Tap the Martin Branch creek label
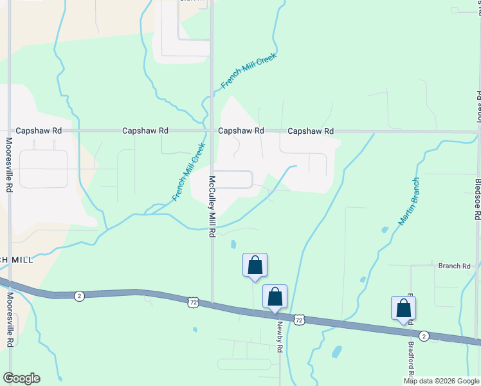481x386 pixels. pyautogui.click(x=408, y=201)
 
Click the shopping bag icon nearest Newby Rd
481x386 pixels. pyautogui.click(x=275, y=297)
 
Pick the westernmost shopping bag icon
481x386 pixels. pyautogui.click(x=255, y=265)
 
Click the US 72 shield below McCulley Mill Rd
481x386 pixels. pyautogui.click(x=192, y=301)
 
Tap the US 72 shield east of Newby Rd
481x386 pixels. pyautogui.click(x=299, y=318)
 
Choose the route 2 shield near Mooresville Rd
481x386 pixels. pyautogui.click(x=78, y=295)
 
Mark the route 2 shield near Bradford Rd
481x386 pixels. pyautogui.click(x=423, y=336)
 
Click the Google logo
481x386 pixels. pyautogui.click(x=21, y=378)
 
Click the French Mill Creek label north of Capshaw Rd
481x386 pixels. pyautogui.click(x=248, y=71)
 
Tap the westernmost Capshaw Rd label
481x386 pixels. pyautogui.click(x=39, y=131)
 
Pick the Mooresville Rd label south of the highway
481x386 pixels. pyautogui.click(x=10, y=320)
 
